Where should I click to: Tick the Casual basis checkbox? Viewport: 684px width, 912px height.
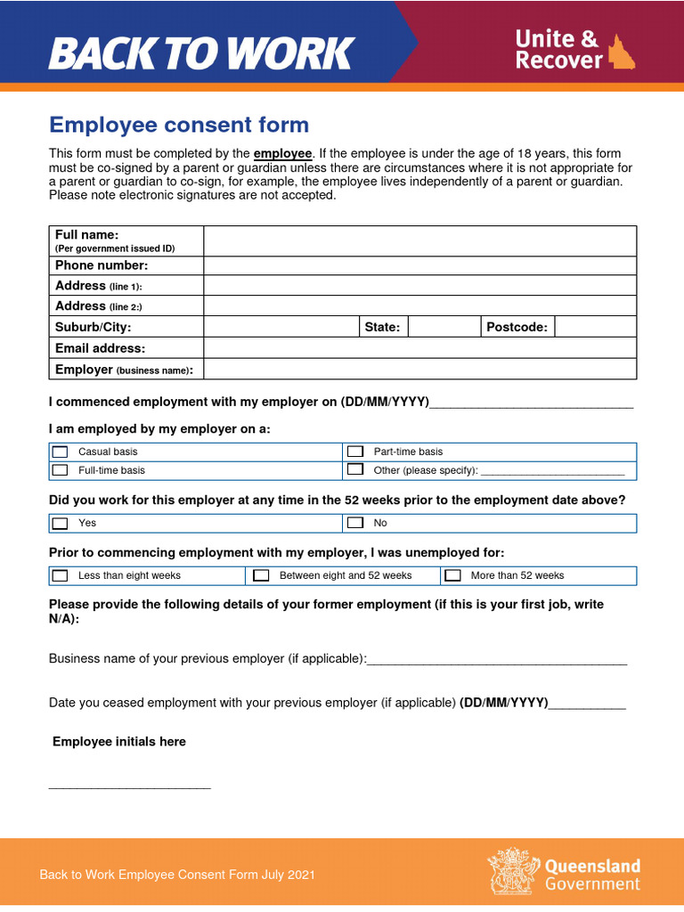[x=61, y=452]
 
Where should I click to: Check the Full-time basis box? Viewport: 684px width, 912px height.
[x=61, y=469]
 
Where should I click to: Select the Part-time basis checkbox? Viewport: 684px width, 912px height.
[x=355, y=452]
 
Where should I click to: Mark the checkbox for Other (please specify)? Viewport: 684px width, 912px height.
[x=355, y=469]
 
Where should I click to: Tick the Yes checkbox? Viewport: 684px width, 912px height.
[x=61, y=523]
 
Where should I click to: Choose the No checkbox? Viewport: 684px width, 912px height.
[x=355, y=523]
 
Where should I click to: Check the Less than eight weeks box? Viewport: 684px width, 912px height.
[x=61, y=575]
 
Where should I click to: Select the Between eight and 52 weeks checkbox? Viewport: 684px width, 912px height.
[x=261, y=575]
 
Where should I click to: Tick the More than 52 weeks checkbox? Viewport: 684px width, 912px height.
[x=453, y=575]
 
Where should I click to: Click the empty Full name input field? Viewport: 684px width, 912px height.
[x=419, y=240]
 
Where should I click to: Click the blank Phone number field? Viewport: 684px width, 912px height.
[x=419, y=265]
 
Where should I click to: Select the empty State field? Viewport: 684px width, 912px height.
[x=444, y=327]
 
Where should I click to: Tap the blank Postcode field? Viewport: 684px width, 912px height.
[x=595, y=327]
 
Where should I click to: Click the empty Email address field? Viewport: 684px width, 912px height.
[x=419, y=348]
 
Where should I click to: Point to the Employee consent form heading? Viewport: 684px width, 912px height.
[x=179, y=125]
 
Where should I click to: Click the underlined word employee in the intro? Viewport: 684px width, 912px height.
[x=282, y=154]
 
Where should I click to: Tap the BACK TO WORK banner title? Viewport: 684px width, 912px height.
[x=201, y=53]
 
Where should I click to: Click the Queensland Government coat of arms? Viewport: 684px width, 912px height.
[x=512, y=870]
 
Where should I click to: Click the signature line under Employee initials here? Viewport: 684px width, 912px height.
[x=129, y=787]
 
